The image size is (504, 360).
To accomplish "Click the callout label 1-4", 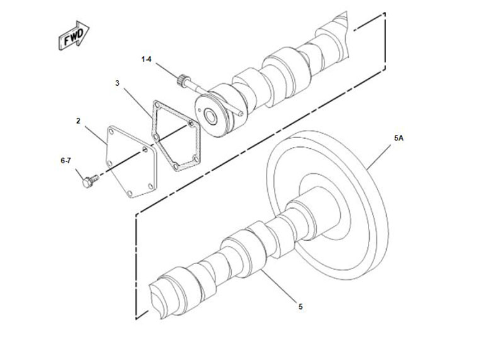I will (x=146, y=59).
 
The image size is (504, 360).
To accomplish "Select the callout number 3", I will (x=117, y=83).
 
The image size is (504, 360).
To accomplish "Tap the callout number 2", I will (x=78, y=120).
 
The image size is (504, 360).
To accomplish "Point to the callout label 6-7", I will (x=66, y=161).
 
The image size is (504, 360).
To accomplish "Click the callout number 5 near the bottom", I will (x=301, y=306).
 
